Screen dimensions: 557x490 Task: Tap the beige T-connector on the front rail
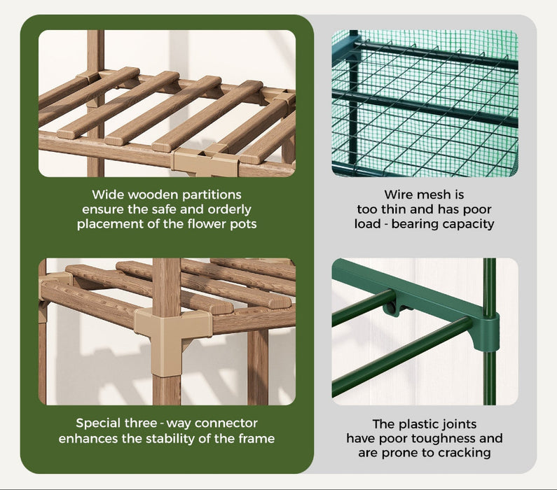[205, 162]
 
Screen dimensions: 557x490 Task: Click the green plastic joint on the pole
[487, 332]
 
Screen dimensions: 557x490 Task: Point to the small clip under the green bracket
[392, 307]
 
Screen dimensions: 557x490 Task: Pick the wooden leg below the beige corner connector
[167, 391]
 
